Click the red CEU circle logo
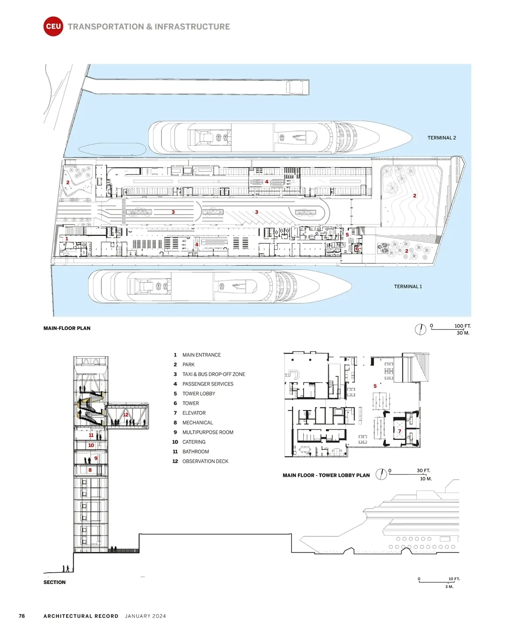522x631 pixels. click(54, 26)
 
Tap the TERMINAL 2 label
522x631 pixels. click(442, 138)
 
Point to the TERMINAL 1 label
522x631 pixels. click(408, 286)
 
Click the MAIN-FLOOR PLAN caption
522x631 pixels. click(67, 328)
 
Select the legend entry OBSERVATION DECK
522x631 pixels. click(205, 461)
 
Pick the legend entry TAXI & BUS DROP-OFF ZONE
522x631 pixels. click(214, 374)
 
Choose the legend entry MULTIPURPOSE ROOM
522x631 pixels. click(208, 432)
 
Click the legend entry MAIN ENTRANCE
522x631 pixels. click(201, 355)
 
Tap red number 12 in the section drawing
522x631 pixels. click(126, 415)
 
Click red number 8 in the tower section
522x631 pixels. click(90, 470)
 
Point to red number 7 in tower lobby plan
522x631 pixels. click(400, 431)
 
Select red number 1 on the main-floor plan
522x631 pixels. click(67, 238)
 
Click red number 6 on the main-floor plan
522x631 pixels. click(357, 249)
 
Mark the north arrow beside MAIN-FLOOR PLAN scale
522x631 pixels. click(421, 329)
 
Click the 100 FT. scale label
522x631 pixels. click(462, 326)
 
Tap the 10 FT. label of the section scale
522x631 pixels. click(454, 579)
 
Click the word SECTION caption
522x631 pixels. click(54, 582)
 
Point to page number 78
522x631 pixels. click(22, 616)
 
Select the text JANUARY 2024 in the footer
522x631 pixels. click(145, 616)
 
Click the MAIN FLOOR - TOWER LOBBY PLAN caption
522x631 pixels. click(326, 475)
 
